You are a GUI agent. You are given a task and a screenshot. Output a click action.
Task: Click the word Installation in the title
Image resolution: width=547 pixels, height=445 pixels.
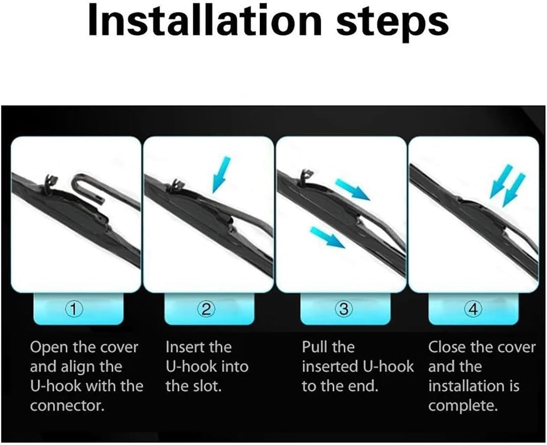point(205,21)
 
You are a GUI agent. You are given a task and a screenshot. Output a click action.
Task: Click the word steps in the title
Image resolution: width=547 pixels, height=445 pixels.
point(392,24)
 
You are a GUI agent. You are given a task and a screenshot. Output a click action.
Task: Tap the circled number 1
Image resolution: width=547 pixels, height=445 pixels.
point(74,310)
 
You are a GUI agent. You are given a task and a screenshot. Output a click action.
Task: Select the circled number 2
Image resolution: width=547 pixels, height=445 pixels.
point(206,310)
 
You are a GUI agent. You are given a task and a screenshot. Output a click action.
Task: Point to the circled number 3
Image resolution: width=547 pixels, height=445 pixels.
point(344,310)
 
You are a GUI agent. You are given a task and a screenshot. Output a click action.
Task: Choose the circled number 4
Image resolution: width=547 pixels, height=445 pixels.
point(474,310)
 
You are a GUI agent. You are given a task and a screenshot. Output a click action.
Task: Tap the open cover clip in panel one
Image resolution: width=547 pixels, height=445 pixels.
point(50,183)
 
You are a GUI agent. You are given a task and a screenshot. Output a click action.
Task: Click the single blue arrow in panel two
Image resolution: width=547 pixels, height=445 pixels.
point(222,175)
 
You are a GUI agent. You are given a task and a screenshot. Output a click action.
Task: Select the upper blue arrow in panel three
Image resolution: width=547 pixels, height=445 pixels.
point(353,190)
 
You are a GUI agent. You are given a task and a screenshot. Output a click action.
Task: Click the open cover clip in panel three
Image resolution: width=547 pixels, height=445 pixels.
point(306,178)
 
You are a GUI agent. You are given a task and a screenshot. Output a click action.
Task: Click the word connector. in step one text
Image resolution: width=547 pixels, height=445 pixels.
point(67,406)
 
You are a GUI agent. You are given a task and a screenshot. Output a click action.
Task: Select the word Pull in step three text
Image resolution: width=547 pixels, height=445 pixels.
point(313,347)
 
